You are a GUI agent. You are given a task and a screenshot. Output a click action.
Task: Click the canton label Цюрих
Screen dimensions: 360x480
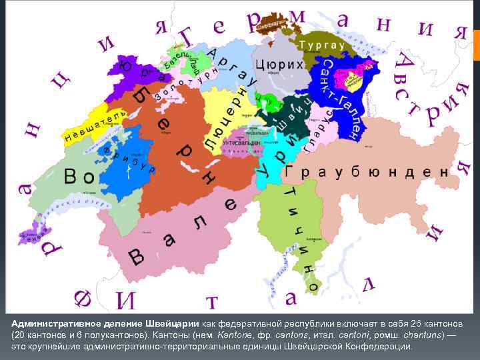[279, 65]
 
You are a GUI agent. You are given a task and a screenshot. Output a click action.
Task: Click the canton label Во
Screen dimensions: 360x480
[79, 177]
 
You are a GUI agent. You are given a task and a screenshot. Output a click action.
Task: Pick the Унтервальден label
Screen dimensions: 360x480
[242, 143]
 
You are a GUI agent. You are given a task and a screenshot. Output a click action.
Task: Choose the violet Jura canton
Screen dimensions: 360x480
[143, 70]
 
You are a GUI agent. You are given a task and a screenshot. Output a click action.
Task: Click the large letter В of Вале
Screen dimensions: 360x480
[136, 256]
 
